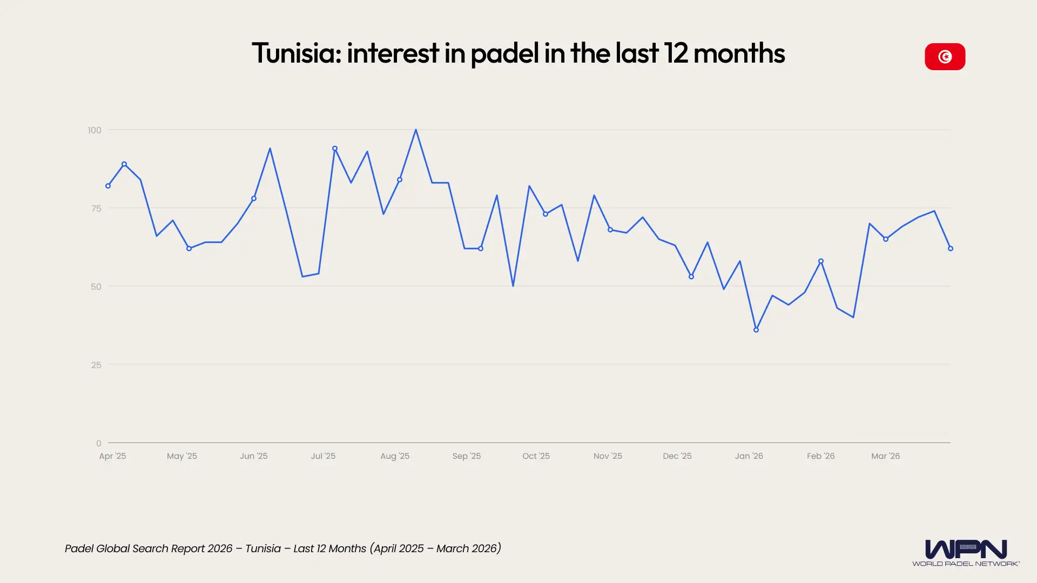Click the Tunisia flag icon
(x=945, y=57)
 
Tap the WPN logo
(x=966, y=552)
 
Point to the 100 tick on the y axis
(x=95, y=130)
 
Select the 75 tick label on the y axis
(x=96, y=208)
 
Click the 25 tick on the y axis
(x=96, y=365)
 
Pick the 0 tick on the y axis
(x=98, y=443)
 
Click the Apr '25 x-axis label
(x=112, y=456)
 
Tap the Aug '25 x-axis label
(x=395, y=456)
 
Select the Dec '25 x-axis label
(x=677, y=456)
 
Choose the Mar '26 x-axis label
(x=885, y=456)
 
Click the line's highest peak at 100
(x=416, y=130)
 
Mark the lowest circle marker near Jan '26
(x=756, y=330)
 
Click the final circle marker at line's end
(x=951, y=248)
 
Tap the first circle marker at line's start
(x=108, y=186)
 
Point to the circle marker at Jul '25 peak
(x=335, y=148)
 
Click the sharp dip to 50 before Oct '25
(x=513, y=286)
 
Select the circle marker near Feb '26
(x=821, y=261)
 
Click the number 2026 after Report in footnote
(x=220, y=548)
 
